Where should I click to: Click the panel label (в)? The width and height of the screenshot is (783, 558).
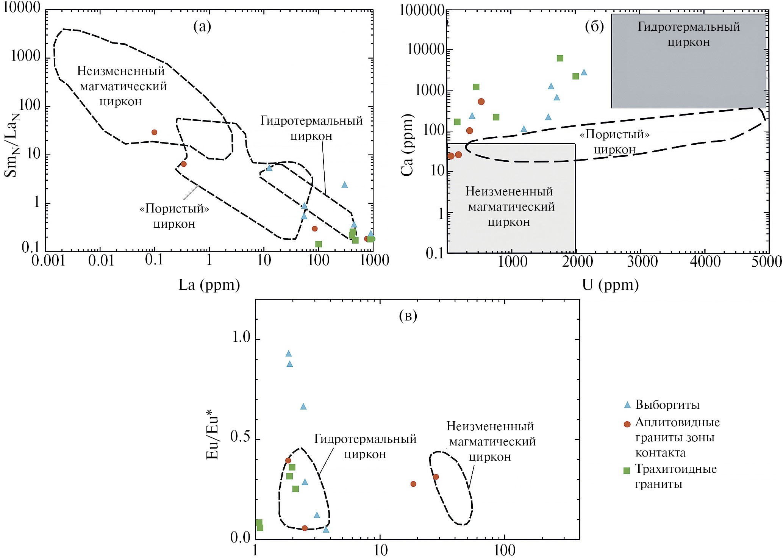pos(408,316)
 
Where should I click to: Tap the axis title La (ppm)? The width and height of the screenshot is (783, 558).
pos(209,285)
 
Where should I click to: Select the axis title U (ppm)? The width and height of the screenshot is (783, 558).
pos(610,285)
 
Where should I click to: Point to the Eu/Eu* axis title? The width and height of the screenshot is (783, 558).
pos(213,438)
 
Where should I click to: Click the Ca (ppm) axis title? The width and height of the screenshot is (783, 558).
pos(407,144)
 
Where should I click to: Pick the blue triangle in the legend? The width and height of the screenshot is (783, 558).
pos(627,405)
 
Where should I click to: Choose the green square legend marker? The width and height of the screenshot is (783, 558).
pos(627,470)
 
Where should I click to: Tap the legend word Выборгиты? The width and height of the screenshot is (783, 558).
pos(667,405)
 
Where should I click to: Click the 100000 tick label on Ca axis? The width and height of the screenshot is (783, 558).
pos(422,10)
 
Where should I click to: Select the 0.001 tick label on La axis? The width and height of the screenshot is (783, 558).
pos(48,261)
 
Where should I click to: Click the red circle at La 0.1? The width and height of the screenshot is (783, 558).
pos(154,132)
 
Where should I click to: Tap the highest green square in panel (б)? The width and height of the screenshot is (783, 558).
pos(560,58)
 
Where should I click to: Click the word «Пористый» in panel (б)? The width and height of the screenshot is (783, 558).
pos(614,134)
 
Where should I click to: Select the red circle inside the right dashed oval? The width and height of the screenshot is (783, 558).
pos(436,477)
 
